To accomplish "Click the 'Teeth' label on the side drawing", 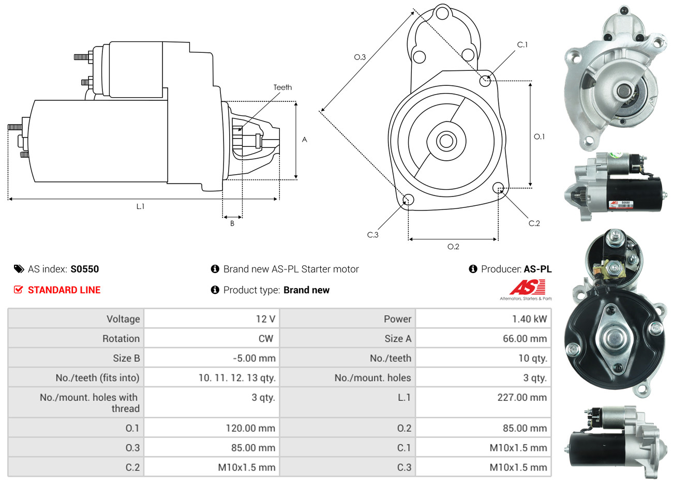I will tap(282, 87).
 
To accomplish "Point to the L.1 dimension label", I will tap(140, 206).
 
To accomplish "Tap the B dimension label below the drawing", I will tap(232, 223).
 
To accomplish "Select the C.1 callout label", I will tap(522, 44).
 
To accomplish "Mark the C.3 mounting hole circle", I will tap(408, 200).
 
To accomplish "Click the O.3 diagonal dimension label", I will tap(360, 57).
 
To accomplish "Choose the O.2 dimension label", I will tap(453, 247).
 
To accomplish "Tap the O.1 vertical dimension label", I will tap(539, 137).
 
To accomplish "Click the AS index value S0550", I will tap(84, 269).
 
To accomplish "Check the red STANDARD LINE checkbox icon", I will tap(19, 290).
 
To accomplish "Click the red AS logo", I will tap(527, 288).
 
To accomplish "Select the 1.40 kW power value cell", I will tap(529, 319).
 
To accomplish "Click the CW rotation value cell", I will tap(265, 339).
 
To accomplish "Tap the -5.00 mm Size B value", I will tap(254, 358).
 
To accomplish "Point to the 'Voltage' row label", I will tap(123, 319).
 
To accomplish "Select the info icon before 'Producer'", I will tap(473, 269).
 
